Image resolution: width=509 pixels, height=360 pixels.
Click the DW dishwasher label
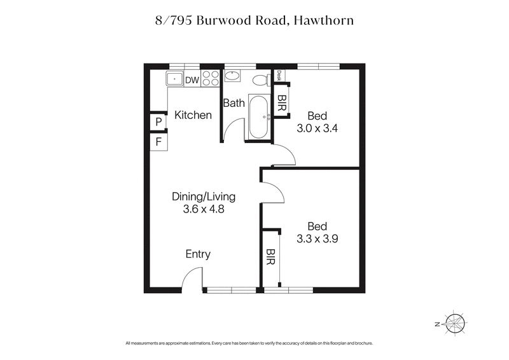pyautogui.click(x=192, y=80)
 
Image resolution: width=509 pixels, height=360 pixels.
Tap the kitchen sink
pyautogui.click(x=174, y=79)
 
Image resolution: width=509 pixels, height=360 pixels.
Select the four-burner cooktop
pyautogui.click(x=212, y=79)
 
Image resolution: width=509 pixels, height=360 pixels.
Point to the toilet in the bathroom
pyautogui.click(x=259, y=81)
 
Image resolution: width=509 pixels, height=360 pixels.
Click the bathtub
pyautogui.click(x=258, y=116)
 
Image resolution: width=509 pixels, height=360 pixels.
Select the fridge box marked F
pyautogui.click(x=157, y=141)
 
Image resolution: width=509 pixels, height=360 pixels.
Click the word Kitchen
pyautogui.click(x=193, y=115)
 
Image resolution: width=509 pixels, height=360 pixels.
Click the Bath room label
pyautogui.click(x=234, y=103)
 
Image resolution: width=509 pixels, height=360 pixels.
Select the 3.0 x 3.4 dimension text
pyautogui.click(x=317, y=128)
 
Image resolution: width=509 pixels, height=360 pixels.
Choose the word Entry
pyautogui.click(x=198, y=254)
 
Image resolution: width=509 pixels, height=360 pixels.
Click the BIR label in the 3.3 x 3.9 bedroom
pyautogui.click(x=271, y=256)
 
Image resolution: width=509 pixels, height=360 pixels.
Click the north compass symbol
pyautogui.click(x=455, y=324)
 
